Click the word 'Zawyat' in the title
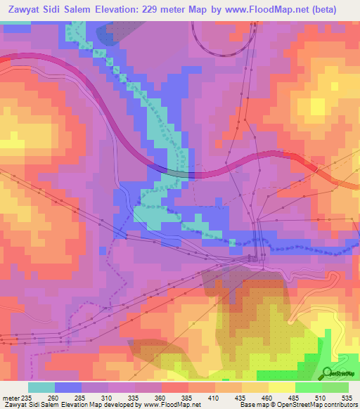click(x=27, y=9)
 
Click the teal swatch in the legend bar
click(x=41, y=387)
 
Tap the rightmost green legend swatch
click(x=335, y=387)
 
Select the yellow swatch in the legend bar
click(x=281, y=387)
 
